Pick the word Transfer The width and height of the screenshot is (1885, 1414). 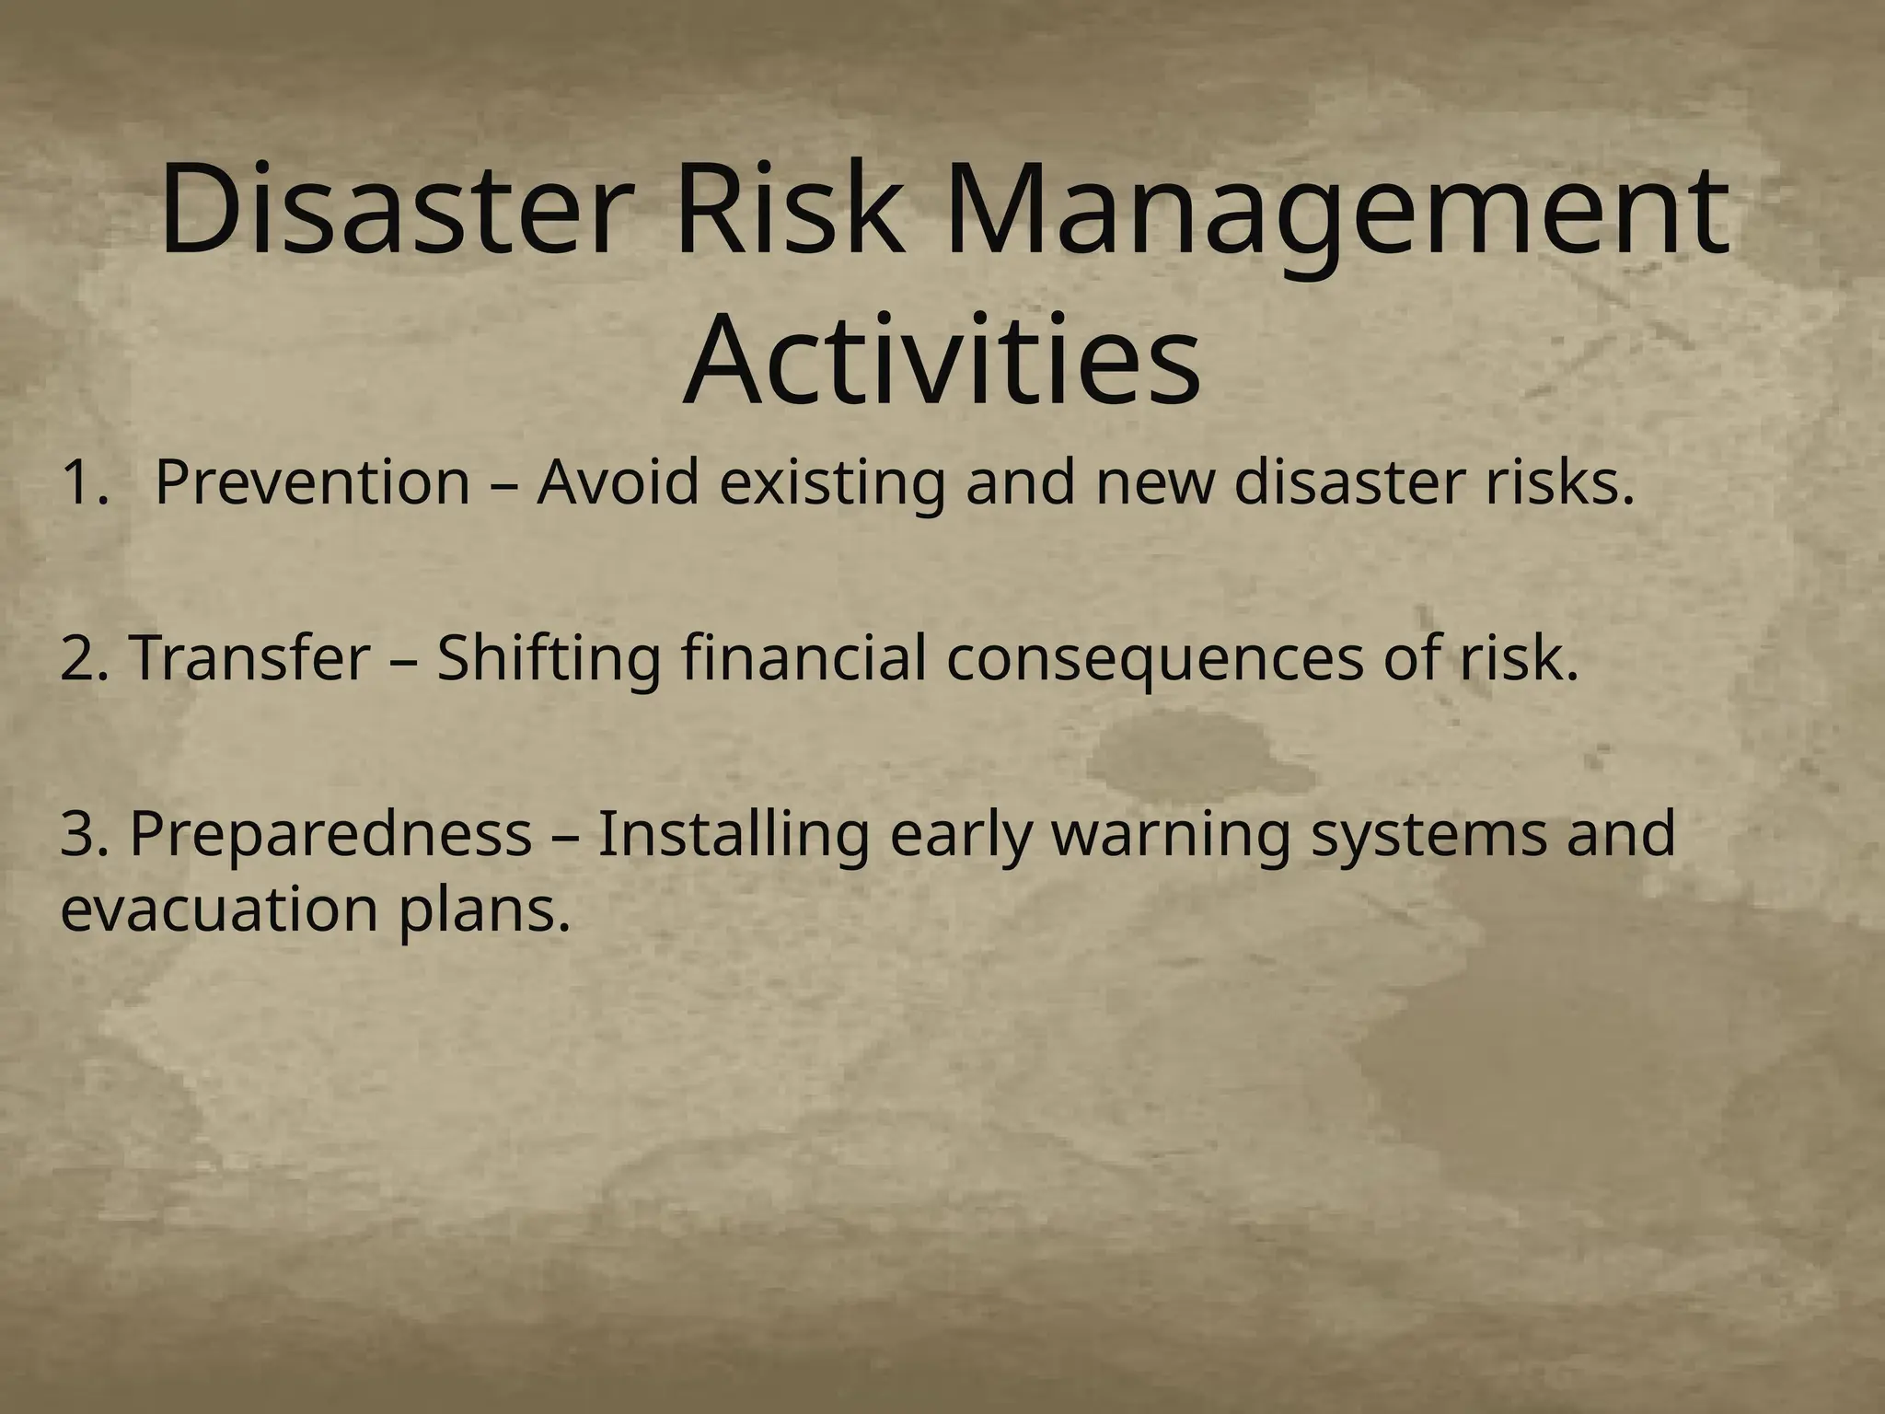(249, 659)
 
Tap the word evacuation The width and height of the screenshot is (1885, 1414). (219, 910)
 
